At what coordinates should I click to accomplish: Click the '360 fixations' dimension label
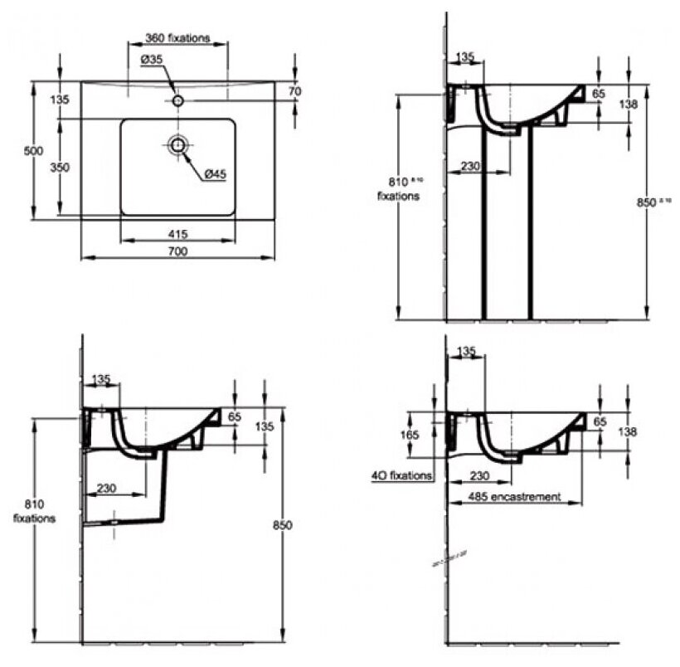[177, 38]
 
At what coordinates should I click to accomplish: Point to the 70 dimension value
[294, 91]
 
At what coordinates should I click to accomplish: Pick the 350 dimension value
[60, 167]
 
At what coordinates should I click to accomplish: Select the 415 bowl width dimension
[178, 232]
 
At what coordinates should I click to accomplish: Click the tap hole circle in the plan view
[177, 100]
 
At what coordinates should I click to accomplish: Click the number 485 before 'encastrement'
[478, 497]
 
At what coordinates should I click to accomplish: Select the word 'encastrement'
[526, 497]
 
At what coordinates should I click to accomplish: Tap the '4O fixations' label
[402, 476]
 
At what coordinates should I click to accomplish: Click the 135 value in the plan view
[60, 100]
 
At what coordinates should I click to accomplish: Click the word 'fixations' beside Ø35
[188, 38]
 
